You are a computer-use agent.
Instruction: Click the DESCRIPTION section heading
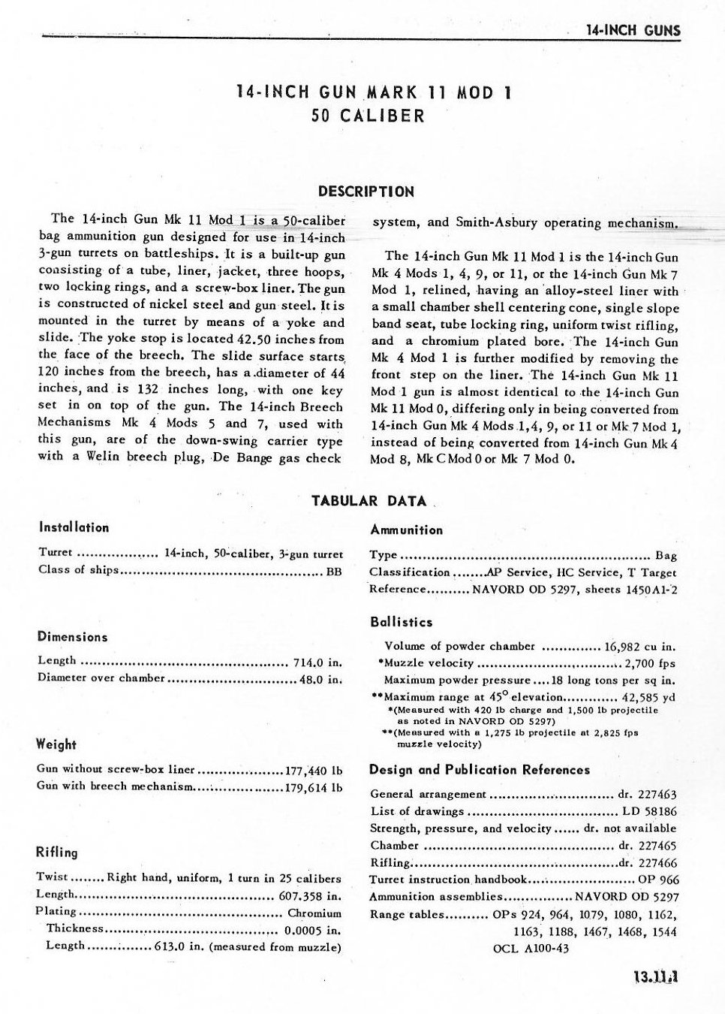coord(366,191)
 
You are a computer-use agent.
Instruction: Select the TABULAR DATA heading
coord(369,501)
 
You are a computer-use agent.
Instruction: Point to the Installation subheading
coord(74,527)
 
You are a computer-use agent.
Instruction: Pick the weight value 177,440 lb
coord(314,770)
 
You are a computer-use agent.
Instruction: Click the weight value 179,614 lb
coord(314,787)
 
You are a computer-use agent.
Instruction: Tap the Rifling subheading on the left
coord(57,852)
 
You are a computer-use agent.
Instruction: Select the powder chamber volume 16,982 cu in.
coord(639,646)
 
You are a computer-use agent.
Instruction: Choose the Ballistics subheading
coord(402,622)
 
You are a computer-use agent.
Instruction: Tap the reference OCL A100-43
coord(531,948)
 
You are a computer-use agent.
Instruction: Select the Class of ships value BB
coord(334,569)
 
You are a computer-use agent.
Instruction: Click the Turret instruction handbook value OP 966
coord(658,880)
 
